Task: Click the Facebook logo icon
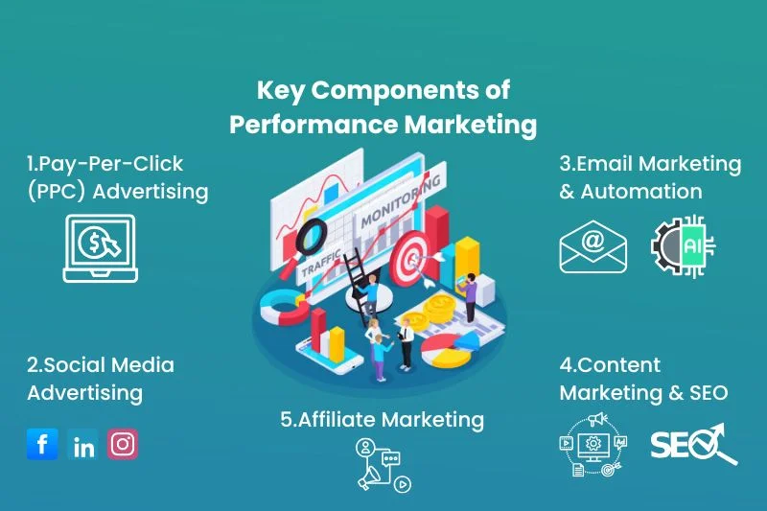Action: click(x=42, y=444)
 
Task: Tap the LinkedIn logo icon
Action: click(x=83, y=446)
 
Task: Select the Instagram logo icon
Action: click(x=122, y=444)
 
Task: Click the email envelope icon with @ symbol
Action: click(x=593, y=246)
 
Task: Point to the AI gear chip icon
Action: click(x=683, y=246)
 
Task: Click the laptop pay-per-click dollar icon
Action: click(x=100, y=247)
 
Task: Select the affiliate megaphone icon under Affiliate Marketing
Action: click(x=383, y=465)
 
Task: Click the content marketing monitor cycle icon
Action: click(x=593, y=444)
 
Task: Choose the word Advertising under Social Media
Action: click(x=84, y=392)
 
